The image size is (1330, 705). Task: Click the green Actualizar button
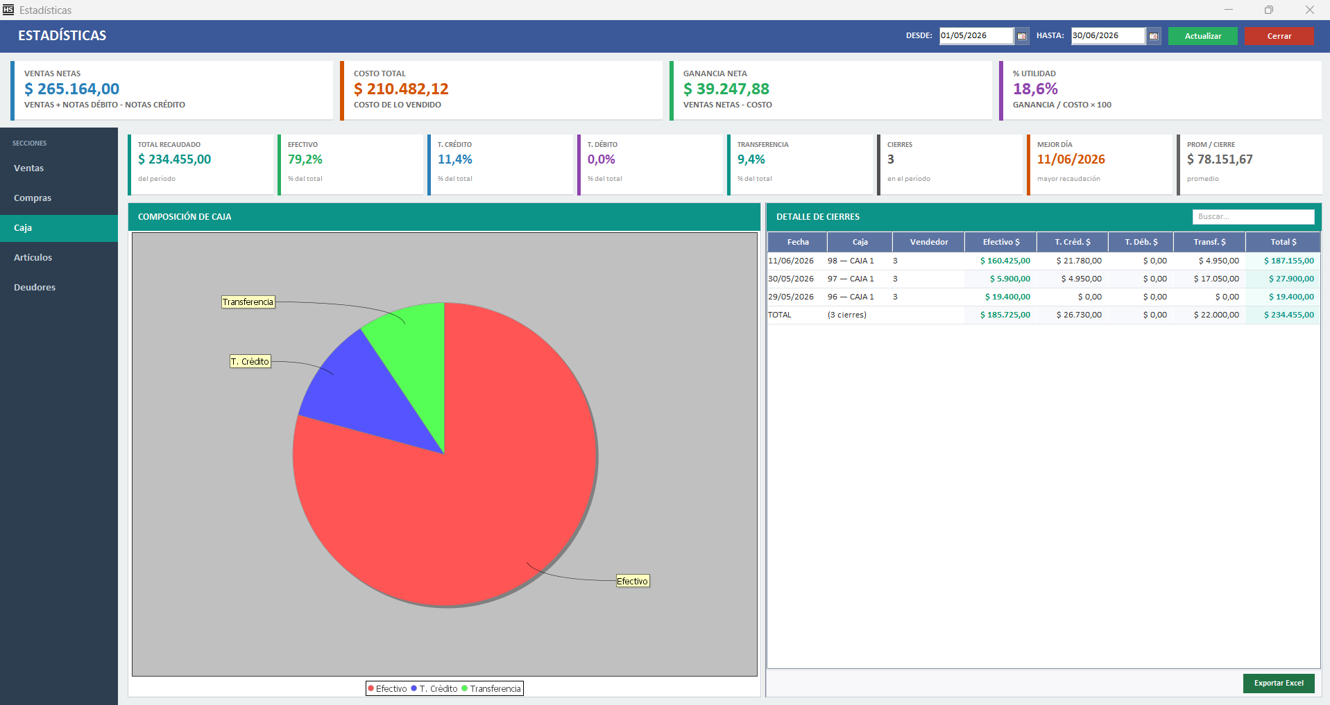(1202, 36)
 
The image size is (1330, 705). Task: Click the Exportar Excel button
(1279, 683)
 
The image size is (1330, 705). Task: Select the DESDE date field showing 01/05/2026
(975, 35)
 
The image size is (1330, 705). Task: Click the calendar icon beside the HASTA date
(1153, 36)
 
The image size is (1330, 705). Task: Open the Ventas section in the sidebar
(28, 168)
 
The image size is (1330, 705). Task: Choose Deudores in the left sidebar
(35, 288)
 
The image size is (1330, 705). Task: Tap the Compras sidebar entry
(33, 198)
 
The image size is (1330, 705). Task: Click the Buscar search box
(1253, 217)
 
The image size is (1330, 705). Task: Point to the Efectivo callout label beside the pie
(633, 581)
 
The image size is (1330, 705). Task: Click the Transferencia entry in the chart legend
(495, 688)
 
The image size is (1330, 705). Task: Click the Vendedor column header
(929, 242)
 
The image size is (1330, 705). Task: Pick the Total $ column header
(1283, 242)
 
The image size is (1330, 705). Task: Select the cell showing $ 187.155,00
(1288, 261)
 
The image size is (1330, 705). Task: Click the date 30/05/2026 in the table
(791, 279)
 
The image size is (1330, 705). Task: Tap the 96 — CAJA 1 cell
(851, 297)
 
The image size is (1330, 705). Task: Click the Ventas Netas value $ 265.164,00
(71, 89)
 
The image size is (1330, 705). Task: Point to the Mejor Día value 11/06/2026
(1071, 159)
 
